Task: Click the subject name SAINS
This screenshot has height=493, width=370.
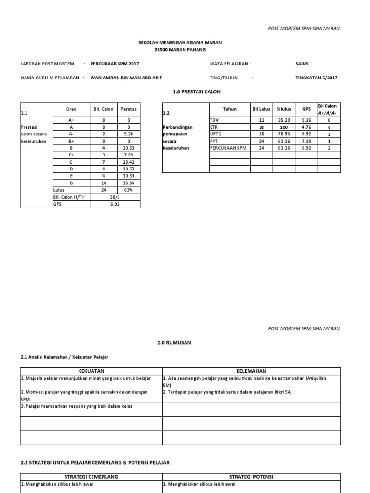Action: pos(302,64)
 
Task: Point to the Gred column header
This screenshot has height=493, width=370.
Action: pos(71,109)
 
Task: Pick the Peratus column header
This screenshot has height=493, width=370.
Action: pos(129,109)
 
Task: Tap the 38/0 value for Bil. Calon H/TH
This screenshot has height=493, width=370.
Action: pos(115,197)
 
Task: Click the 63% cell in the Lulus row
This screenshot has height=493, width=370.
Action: pos(129,191)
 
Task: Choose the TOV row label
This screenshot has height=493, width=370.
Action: pos(214,120)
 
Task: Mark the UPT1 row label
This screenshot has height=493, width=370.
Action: pos(215,134)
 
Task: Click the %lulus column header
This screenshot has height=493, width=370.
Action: pos(284,109)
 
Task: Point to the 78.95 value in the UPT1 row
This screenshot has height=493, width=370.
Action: pos(284,134)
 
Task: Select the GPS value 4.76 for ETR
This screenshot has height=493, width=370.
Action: pos(306,127)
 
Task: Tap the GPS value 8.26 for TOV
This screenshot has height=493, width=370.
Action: pos(306,120)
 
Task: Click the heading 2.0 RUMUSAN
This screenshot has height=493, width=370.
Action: pos(174,343)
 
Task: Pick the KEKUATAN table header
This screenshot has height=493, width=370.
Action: pos(91,371)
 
